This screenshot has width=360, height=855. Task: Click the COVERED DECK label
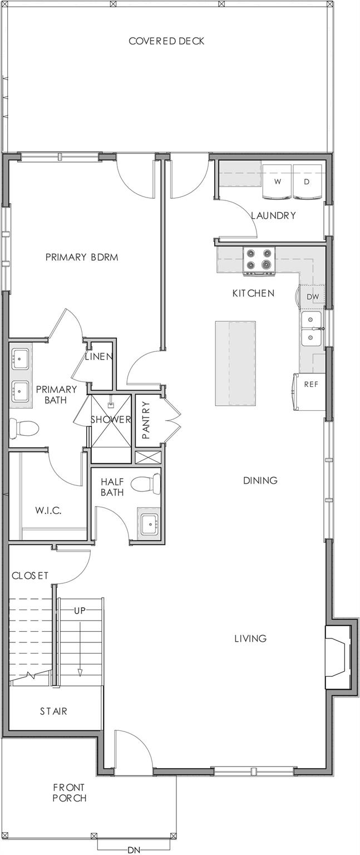pyautogui.click(x=166, y=41)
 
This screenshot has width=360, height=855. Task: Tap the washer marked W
pyautogui.click(x=277, y=182)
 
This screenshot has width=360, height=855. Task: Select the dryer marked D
pyautogui.click(x=307, y=182)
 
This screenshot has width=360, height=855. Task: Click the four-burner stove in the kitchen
pyautogui.click(x=259, y=261)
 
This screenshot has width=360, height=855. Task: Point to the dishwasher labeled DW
pyautogui.click(x=313, y=297)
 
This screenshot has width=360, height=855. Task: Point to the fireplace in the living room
pyautogui.click(x=338, y=657)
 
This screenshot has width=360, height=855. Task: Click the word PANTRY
pyautogui.click(x=146, y=420)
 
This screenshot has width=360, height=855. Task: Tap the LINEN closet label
pyautogui.click(x=99, y=357)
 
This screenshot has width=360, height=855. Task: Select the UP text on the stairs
pyautogui.click(x=80, y=611)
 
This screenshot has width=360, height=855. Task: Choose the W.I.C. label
pyautogui.click(x=48, y=510)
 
